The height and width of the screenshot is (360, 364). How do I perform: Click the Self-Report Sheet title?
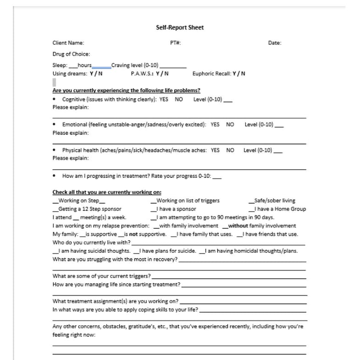(x=180, y=27)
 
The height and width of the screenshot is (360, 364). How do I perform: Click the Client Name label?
(x=68, y=43)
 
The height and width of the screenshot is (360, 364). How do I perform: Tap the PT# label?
(x=175, y=43)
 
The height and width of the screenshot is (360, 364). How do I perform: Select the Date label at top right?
(x=275, y=43)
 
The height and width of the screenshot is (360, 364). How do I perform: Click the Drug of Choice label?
(x=71, y=54)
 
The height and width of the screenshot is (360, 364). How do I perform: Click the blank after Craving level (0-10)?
(x=173, y=66)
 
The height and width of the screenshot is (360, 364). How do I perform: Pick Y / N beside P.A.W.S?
(x=162, y=73)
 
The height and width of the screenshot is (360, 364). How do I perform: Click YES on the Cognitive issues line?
(x=164, y=99)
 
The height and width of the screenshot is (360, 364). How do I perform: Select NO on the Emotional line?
(x=230, y=124)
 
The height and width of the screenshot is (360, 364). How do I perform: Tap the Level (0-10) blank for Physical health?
(x=277, y=151)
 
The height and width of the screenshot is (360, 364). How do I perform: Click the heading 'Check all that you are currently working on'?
(x=107, y=192)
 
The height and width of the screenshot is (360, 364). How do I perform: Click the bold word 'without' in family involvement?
(x=238, y=226)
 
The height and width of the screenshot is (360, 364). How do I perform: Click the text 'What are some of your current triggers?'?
(x=101, y=276)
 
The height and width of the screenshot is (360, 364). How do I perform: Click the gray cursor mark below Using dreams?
(x=54, y=82)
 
